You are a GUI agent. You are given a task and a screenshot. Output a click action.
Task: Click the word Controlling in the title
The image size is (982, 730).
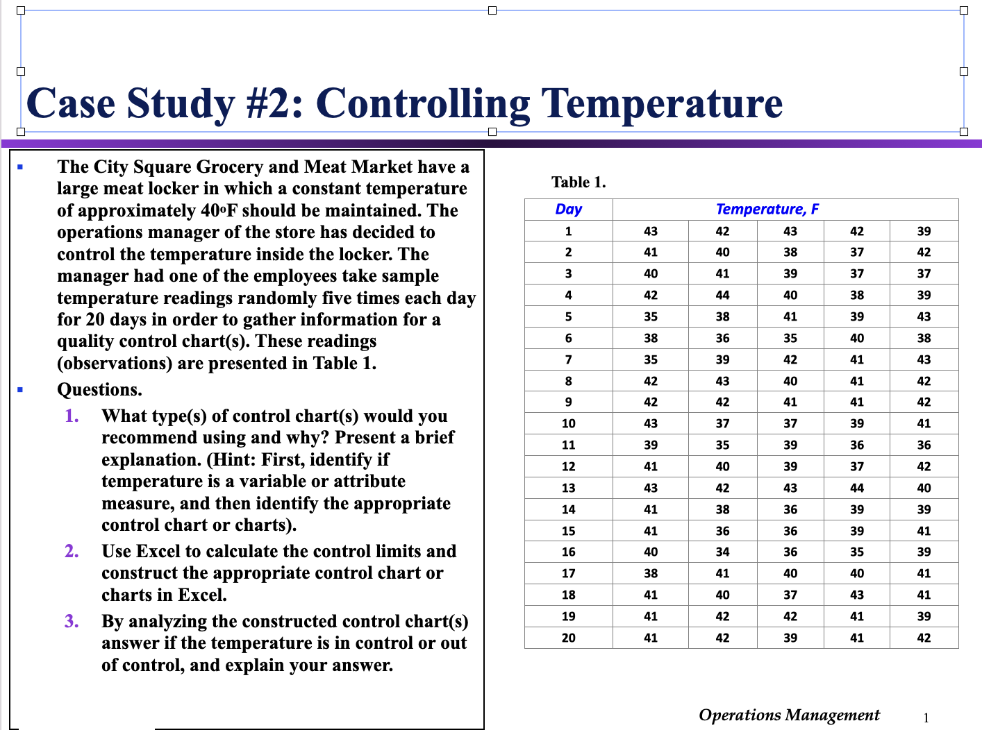tap(422, 104)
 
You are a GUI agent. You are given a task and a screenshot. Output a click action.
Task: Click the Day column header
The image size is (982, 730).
tap(568, 210)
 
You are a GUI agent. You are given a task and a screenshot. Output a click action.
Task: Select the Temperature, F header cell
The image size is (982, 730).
tap(767, 210)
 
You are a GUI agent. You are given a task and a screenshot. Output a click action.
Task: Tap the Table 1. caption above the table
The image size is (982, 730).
tap(579, 182)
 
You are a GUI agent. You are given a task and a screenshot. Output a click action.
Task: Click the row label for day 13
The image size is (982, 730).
tap(568, 488)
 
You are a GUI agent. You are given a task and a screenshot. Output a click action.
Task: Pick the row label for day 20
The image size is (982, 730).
tap(568, 638)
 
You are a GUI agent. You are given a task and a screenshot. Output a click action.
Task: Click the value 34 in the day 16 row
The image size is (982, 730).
tap(722, 552)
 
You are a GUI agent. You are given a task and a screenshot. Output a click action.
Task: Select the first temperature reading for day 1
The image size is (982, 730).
tap(650, 231)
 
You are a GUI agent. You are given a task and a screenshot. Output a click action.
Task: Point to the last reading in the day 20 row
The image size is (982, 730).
tap(923, 638)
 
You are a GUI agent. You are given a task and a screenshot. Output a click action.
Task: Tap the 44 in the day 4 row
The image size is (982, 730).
tap(722, 295)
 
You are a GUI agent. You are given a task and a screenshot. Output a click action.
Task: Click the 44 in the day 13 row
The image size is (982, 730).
tap(857, 488)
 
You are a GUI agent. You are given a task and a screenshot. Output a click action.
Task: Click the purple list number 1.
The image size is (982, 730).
tap(72, 416)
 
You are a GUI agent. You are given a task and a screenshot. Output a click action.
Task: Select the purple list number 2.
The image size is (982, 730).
tap(72, 551)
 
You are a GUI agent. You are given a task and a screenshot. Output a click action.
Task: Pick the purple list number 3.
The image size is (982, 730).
tap(72, 621)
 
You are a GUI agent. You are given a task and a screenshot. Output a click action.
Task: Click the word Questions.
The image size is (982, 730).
tap(99, 390)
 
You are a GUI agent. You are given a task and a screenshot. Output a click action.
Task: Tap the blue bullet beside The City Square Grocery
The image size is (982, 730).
tap(20, 167)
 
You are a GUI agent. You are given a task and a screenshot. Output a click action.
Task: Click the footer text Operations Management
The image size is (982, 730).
tap(789, 715)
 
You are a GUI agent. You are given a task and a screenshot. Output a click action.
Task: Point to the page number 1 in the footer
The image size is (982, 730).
tap(926, 718)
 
